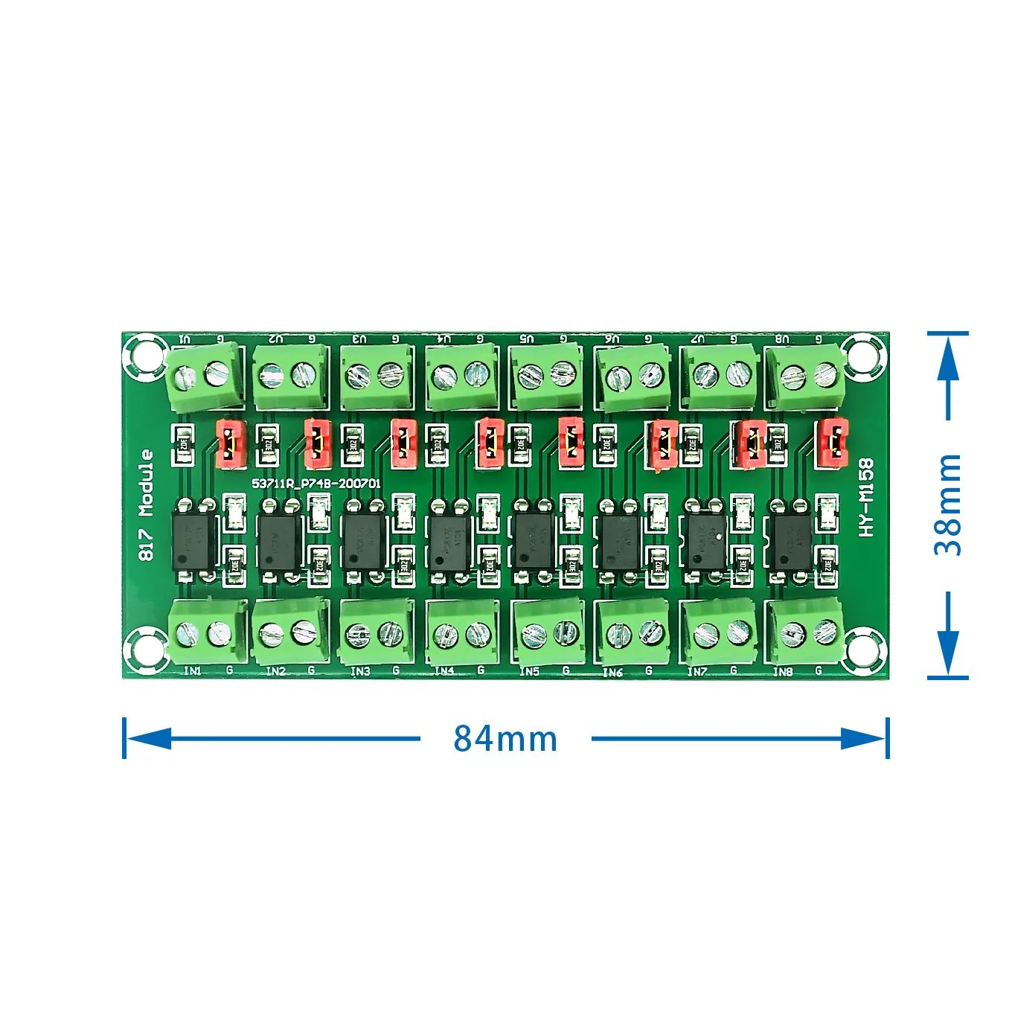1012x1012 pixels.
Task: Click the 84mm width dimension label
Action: (x=505, y=739)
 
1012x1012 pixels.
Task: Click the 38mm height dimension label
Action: (x=948, y=505)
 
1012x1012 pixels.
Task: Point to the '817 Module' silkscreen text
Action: (x=147, y=505)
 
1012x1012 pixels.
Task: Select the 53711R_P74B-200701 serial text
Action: (x=316, y=483)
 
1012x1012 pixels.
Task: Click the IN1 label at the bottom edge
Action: (x=192, y=670)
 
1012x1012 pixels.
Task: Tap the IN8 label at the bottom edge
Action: (x=782, y=671)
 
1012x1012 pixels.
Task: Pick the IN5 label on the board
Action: (x=529, y=671)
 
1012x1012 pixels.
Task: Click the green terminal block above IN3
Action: (x=376, y=632)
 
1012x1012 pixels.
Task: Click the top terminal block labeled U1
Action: (x=203, y=376)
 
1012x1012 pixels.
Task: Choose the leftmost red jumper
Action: (x=231, y=443)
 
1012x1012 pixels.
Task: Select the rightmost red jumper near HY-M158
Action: (x=832, y=445)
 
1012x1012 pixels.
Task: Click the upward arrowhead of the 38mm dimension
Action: (x=948, y=361)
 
